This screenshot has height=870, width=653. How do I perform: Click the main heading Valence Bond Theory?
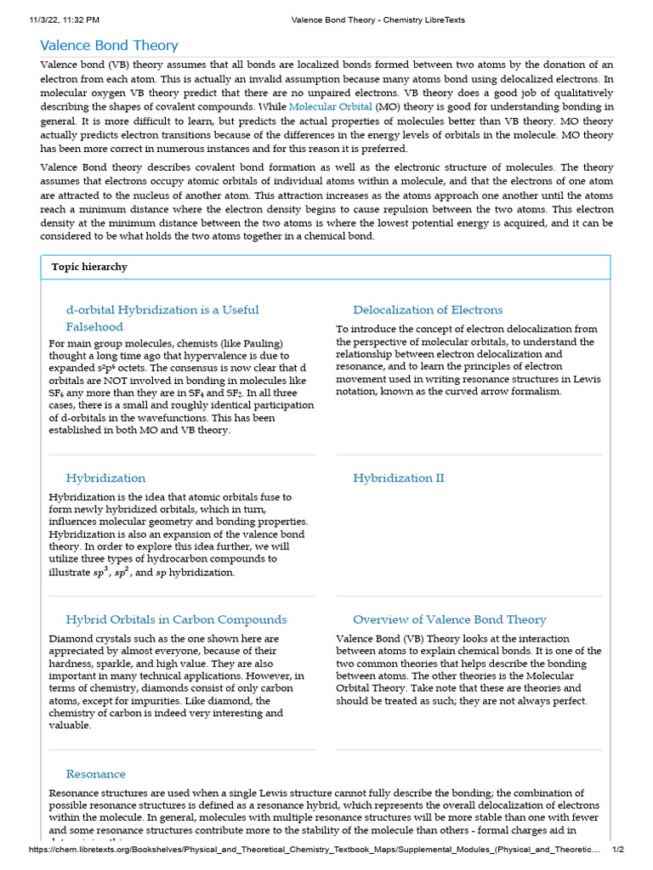(110, 45)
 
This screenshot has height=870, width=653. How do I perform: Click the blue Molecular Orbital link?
(330, 107)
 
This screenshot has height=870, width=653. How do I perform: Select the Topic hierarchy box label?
(89, 267)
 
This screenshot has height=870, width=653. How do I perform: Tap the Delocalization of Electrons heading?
(428, 310)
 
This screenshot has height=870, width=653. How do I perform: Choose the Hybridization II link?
(398, 478)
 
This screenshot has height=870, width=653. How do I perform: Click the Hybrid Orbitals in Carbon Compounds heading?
(176, 619)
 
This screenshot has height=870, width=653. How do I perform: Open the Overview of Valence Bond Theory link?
(449, 619)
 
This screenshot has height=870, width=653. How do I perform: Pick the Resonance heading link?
(95, 774)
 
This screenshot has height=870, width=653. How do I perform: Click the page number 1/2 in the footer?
(618, 850)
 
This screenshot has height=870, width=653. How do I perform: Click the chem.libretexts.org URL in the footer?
(315, 850)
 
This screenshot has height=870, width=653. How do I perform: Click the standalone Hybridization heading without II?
(105, 478)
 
